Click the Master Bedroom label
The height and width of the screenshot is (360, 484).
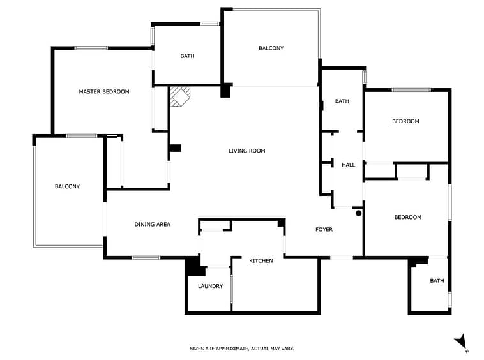104,92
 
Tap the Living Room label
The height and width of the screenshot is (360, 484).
246,151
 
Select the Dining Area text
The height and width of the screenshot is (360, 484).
153,224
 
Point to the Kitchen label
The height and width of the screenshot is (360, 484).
261,260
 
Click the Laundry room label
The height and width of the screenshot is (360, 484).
210,286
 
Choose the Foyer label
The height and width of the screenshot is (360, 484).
324,230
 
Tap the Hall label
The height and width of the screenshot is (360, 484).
348,165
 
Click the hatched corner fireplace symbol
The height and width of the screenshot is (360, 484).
180,96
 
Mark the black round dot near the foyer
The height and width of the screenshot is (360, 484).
358,213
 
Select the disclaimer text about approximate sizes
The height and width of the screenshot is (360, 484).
242,349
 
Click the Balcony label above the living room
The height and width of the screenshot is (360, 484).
271,48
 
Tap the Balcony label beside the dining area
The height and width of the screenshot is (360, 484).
67,186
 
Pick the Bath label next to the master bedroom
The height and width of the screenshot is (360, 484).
187,56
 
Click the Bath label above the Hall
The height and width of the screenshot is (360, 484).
342,101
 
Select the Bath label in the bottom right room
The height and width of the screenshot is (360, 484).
437,281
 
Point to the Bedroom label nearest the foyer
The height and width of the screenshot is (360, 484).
408,217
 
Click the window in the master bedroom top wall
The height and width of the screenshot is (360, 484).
91,48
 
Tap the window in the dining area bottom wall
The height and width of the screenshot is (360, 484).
146,258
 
